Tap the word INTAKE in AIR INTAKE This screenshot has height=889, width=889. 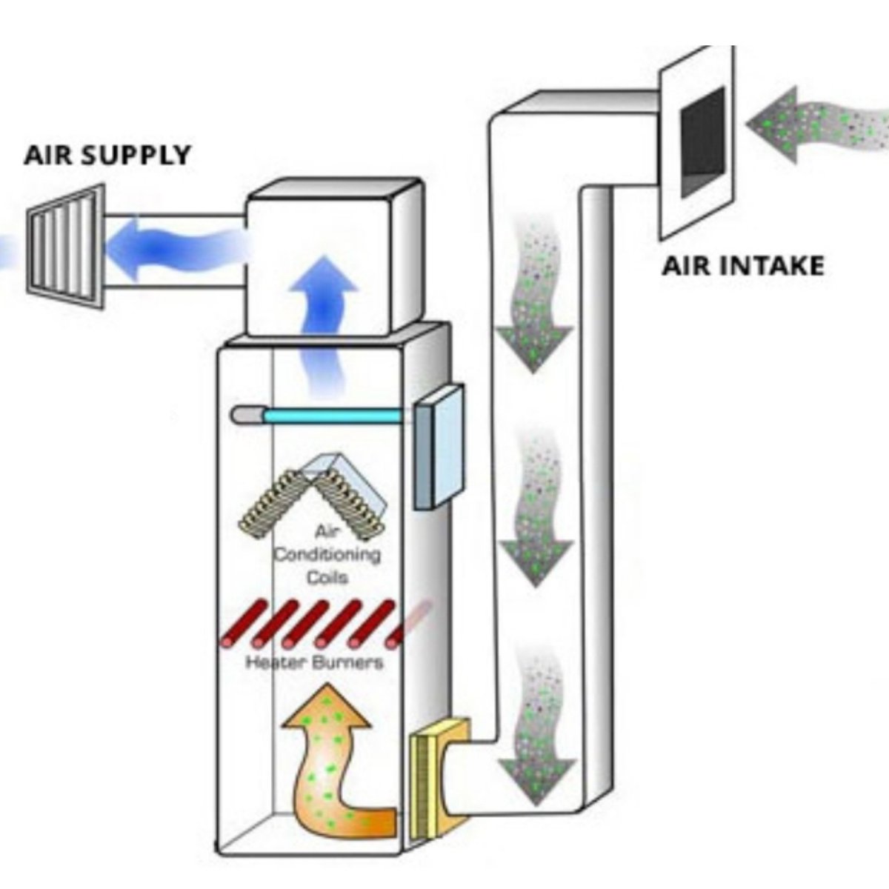[x=769, y=266]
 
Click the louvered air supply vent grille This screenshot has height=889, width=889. [x=65, y=247]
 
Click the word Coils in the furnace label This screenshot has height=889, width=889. [x=327, y=577]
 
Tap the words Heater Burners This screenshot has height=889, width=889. [x=315, y=662]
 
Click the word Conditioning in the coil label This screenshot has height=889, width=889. [x=327, y=555]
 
